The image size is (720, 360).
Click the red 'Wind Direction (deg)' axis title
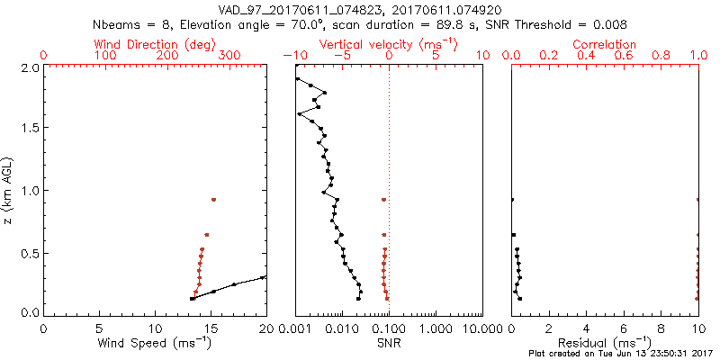pyautogui.click(x=156, y=43)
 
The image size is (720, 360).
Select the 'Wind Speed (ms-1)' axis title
pyautogui.click(x=155, y=344)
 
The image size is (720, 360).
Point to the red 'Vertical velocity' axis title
pyautogui.click(x=388, y=43)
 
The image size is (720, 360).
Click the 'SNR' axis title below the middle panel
pyautogui.click(x=388, y=343)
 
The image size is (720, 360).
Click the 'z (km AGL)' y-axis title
pyautogui.click(x=8, y=190)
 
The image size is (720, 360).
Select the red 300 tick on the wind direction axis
pyautogui.click(x=229, y=56)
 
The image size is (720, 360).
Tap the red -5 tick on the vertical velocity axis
pyautogui.click(x=340, y=56)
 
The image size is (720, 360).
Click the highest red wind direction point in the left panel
pyautogui.click(x=213, y=199)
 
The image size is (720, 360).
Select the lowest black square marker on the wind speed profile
pyautogui.click(x=192, y=298)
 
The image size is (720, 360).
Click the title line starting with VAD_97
pyautogui.click(x=360, y=10)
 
